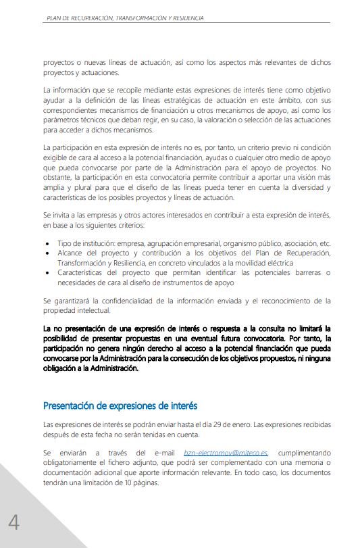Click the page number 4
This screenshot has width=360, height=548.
tap(14, 522)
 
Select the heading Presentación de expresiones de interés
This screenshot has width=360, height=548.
tap(120, 405)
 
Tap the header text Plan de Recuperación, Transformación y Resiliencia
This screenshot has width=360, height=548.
tap(125, 18)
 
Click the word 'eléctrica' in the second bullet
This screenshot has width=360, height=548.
tap(276, 262)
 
